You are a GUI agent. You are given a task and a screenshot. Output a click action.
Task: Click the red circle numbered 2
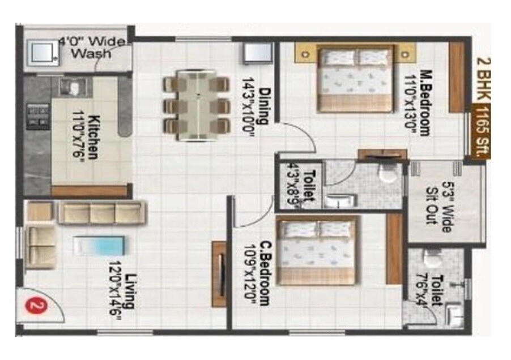click(x=37, y=307)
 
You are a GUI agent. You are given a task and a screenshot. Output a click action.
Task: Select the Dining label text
click(x=256, y=101)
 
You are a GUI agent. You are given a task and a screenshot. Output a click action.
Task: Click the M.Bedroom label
click(x=422, y=102)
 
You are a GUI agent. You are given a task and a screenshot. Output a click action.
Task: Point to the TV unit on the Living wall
click(x=219, y=273)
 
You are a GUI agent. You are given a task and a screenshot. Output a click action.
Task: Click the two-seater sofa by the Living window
click(x=41, y=246)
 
